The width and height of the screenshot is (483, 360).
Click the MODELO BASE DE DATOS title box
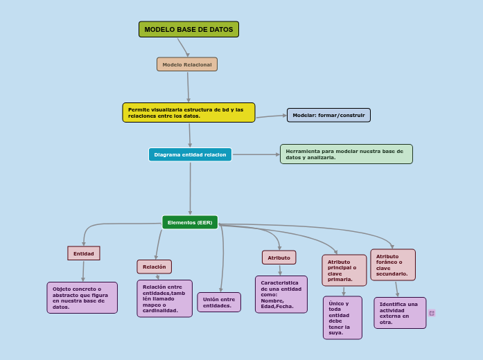pos(188,29)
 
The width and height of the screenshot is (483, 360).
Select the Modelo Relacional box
pos(187,64)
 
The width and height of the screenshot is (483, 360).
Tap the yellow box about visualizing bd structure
pos(188,112)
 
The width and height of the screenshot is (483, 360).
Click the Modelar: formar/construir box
pos(328,115)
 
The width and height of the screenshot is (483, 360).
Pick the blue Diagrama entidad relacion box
pos(190,154)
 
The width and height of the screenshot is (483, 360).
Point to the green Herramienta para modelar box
pos(346,154)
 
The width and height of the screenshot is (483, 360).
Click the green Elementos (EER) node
pos(190,222)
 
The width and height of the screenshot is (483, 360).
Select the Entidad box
pos(84,253)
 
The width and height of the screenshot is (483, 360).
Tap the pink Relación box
pos(154,267)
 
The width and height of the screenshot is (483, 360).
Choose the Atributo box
pos(279,258)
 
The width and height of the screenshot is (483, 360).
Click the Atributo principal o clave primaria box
pos(344,270)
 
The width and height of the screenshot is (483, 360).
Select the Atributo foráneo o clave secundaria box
pos(393,265)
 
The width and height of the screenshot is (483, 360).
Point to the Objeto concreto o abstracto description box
pos(82,298)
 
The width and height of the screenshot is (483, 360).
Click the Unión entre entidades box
pos(219,302)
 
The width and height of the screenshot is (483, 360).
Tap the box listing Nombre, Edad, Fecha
pos(281,294)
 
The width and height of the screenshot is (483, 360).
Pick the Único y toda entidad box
pos(342,318)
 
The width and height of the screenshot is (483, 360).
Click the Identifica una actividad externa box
pos(400,313)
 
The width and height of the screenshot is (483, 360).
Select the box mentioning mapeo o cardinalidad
pos(164,298)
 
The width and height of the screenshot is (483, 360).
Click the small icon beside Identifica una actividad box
pos(432,313)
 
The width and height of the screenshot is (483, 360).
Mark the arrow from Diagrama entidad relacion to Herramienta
pos(256,154)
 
